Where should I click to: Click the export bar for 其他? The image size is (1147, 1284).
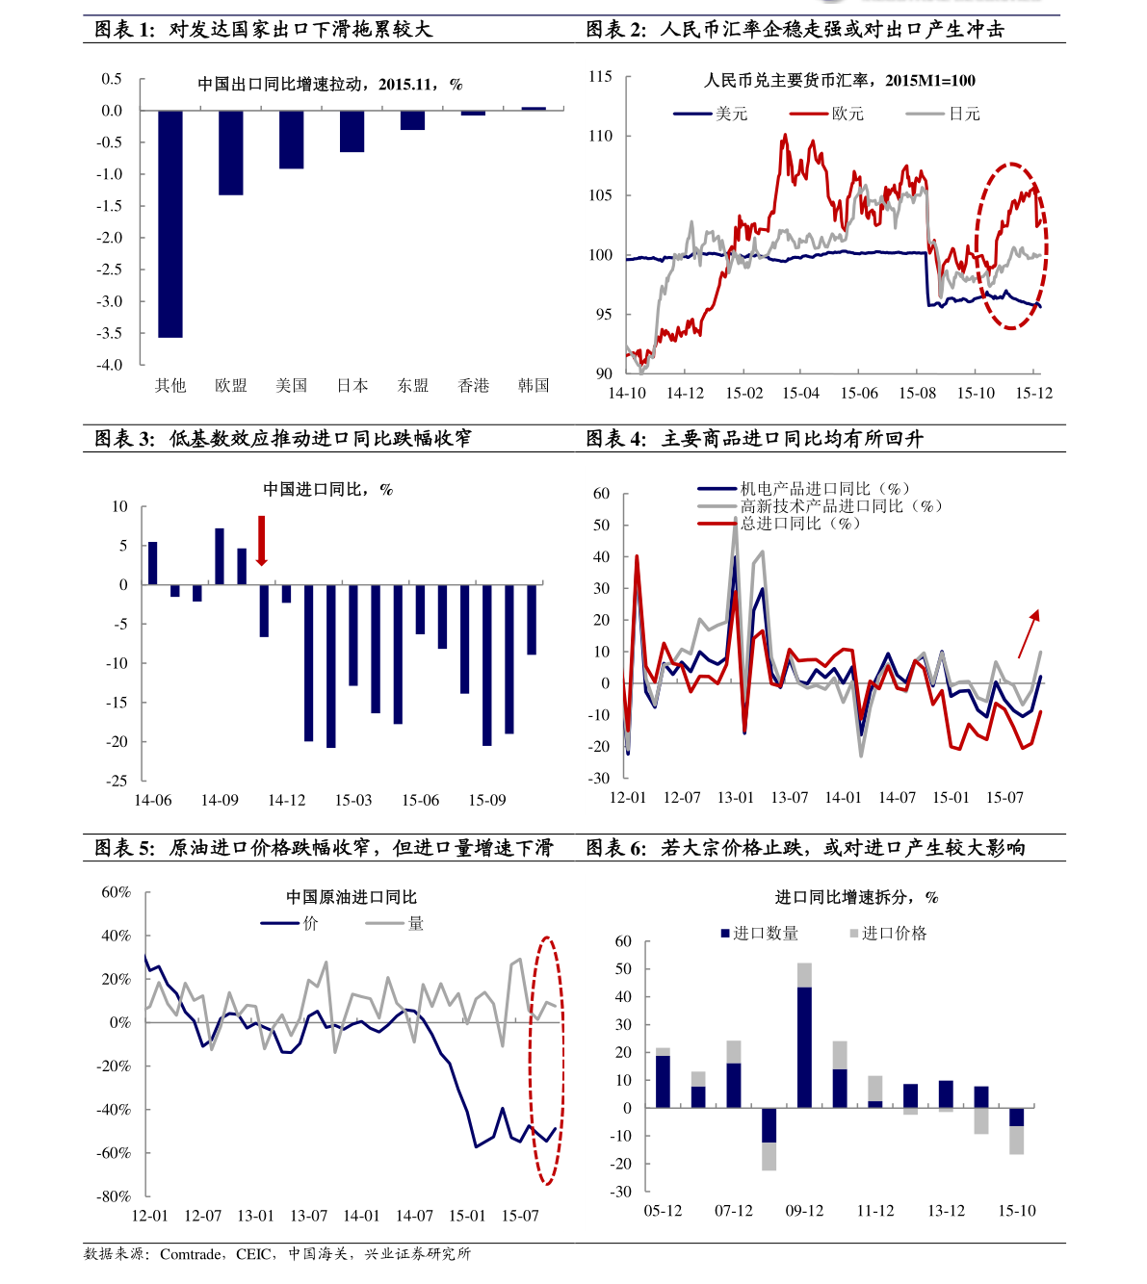click(170, 223)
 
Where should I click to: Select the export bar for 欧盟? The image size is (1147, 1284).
click(231, 153)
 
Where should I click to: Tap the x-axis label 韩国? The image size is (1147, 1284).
click(534, 385)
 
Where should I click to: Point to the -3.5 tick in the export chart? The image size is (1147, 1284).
click(112, 333)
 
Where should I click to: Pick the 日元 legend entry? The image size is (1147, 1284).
click(944, 114)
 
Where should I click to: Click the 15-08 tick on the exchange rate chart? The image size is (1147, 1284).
click(918, 393)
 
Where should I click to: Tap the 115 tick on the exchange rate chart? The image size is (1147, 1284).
click(600, 77)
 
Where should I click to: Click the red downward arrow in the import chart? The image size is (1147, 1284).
click(261, 541)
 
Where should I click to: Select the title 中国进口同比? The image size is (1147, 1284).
click(327, 490)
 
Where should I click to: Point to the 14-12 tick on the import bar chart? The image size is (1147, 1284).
click(286, 800)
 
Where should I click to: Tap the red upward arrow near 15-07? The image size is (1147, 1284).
click(1029, 632)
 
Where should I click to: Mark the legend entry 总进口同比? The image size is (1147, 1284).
click(778, 524)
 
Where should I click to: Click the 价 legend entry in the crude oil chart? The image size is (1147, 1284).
click(290, 923)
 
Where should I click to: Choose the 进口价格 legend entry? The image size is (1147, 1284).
click(887, 934)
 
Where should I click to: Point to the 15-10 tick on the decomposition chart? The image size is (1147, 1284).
click(1017, 1211)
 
